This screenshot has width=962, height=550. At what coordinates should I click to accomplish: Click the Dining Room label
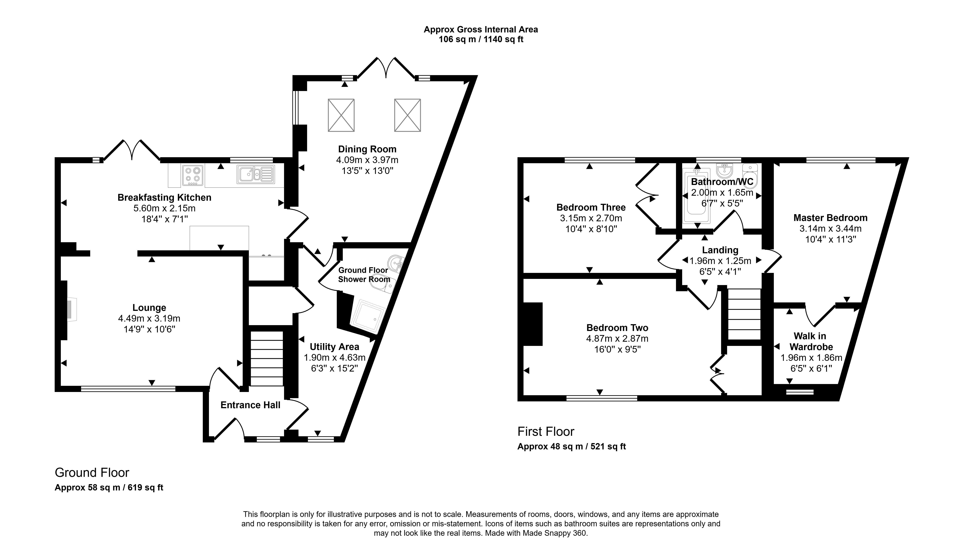point(367,149)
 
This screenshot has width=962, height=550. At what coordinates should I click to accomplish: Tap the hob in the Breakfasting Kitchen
point(193,175)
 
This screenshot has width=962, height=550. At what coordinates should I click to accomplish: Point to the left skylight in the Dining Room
point(341,115)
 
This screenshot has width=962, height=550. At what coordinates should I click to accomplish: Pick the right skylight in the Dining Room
point(408,115)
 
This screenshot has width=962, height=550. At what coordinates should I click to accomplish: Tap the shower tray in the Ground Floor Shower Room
point(367,317)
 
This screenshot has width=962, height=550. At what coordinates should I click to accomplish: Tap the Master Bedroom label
point(830,218)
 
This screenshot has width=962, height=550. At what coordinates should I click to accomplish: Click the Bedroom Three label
point(591,207)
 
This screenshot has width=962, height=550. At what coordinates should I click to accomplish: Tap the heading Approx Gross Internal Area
point(481,30)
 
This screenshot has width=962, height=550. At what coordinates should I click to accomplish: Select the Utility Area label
point(334,347)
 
